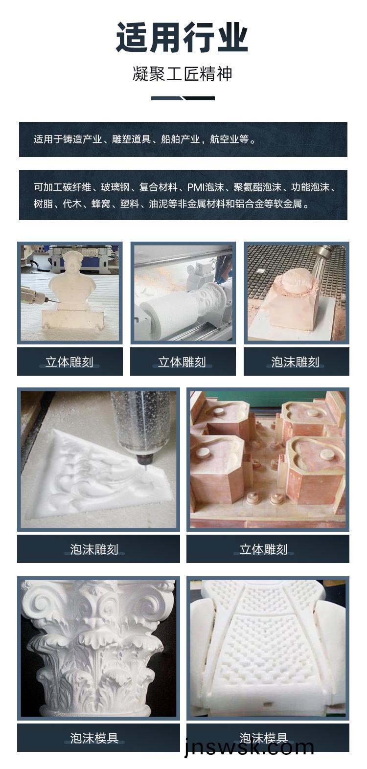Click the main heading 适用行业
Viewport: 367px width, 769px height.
[x=182, y=37]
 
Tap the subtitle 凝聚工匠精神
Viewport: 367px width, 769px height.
[x=183, y=74]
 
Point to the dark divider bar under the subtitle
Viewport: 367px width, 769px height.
[x=183, y=98]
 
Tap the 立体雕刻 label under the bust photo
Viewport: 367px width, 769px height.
[x=69, y=362]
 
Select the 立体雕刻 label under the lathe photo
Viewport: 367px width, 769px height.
[x=183, y=362]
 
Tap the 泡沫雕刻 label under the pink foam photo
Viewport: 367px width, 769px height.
[x=296, y=362]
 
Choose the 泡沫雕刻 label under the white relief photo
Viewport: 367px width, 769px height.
[x=94, y=549]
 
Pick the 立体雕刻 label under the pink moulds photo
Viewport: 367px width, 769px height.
[x=264, y=549]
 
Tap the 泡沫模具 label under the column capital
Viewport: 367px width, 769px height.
[x=94, y=738]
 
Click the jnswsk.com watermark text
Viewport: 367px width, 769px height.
[x=249, y=747]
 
